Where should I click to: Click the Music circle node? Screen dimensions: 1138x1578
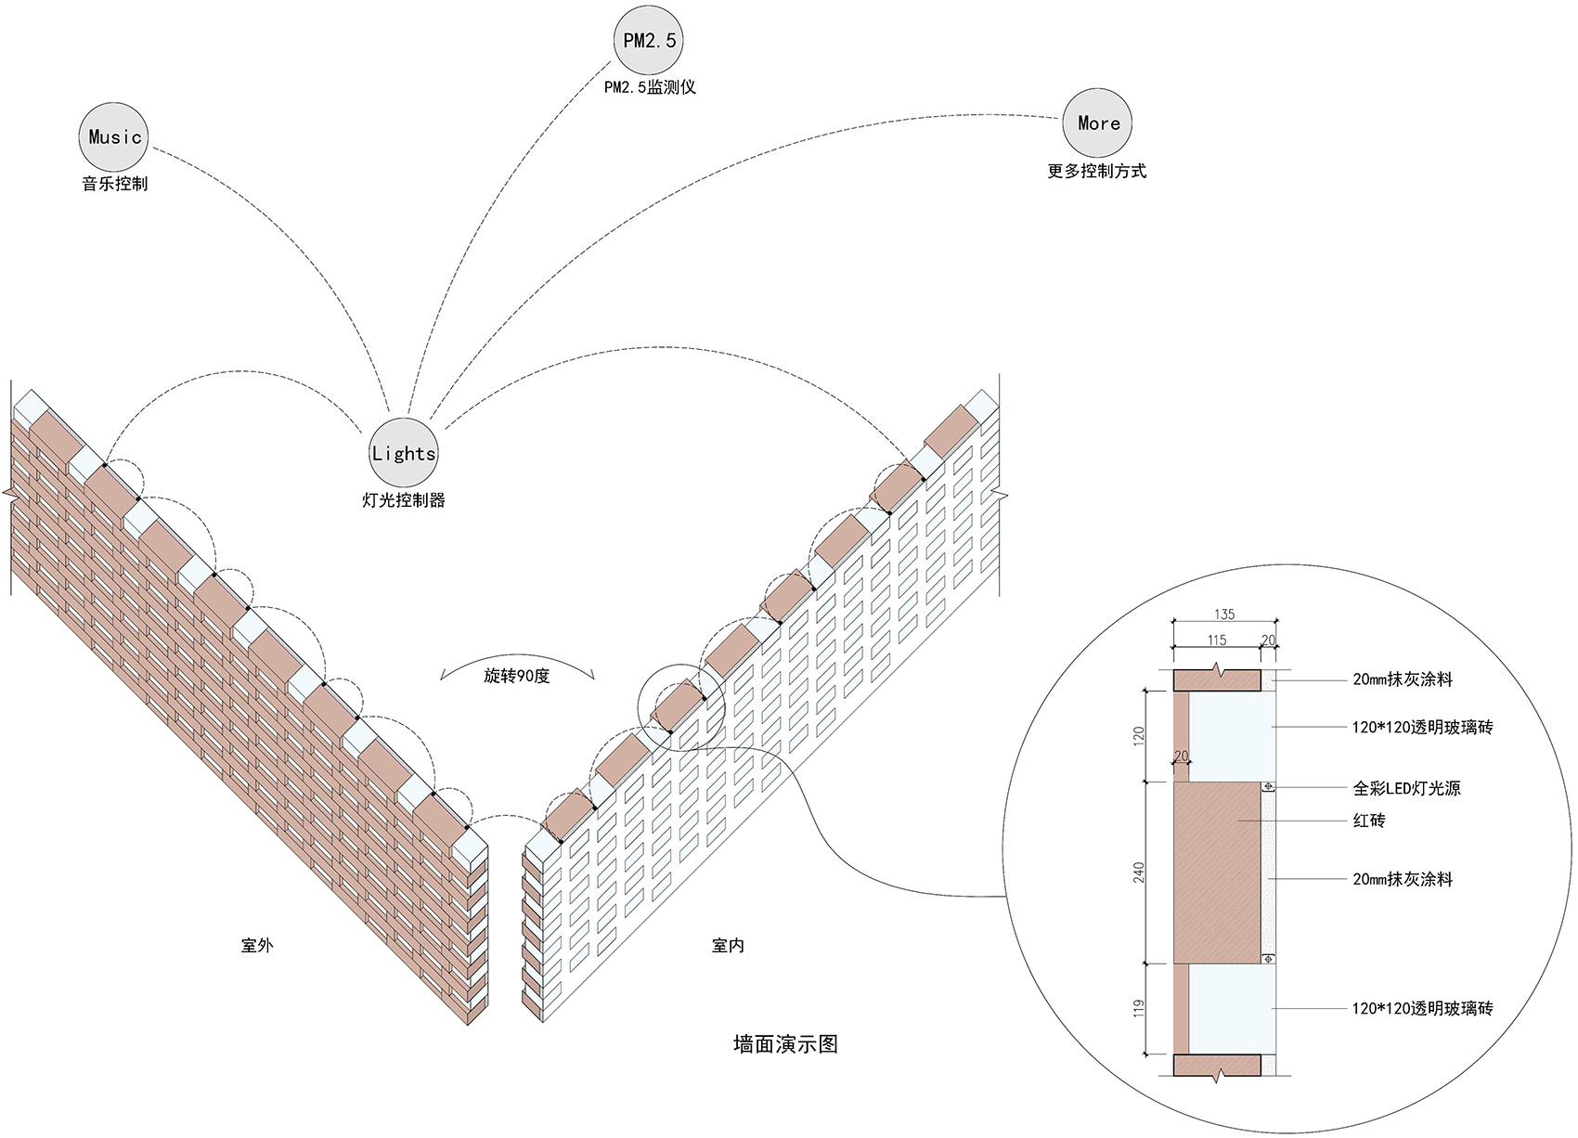114,137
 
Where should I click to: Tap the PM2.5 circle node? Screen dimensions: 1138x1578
648,40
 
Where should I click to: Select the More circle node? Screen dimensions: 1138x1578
1098,123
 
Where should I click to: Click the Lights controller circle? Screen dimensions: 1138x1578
403,453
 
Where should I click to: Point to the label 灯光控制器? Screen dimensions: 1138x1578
403,500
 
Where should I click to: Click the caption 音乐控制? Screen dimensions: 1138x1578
114,184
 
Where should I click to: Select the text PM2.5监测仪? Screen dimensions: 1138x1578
649,87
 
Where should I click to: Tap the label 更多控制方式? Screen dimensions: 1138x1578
1096,171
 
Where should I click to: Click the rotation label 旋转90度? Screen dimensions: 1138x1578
516,676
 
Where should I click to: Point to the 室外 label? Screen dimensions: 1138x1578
257,946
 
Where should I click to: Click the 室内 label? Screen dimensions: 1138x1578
728,946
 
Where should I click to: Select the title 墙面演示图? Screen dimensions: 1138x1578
785,1044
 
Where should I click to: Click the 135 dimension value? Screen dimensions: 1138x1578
1224,614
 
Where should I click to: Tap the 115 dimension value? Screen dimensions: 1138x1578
1217,640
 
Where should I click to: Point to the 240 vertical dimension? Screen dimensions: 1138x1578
1139,873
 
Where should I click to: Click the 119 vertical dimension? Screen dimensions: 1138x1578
1139,1009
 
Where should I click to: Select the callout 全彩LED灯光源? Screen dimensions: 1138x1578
1406,788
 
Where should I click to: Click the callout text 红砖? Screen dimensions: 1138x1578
1369,821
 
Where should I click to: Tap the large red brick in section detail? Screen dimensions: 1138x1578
1217,873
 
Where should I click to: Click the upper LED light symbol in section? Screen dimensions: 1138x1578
1269,787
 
